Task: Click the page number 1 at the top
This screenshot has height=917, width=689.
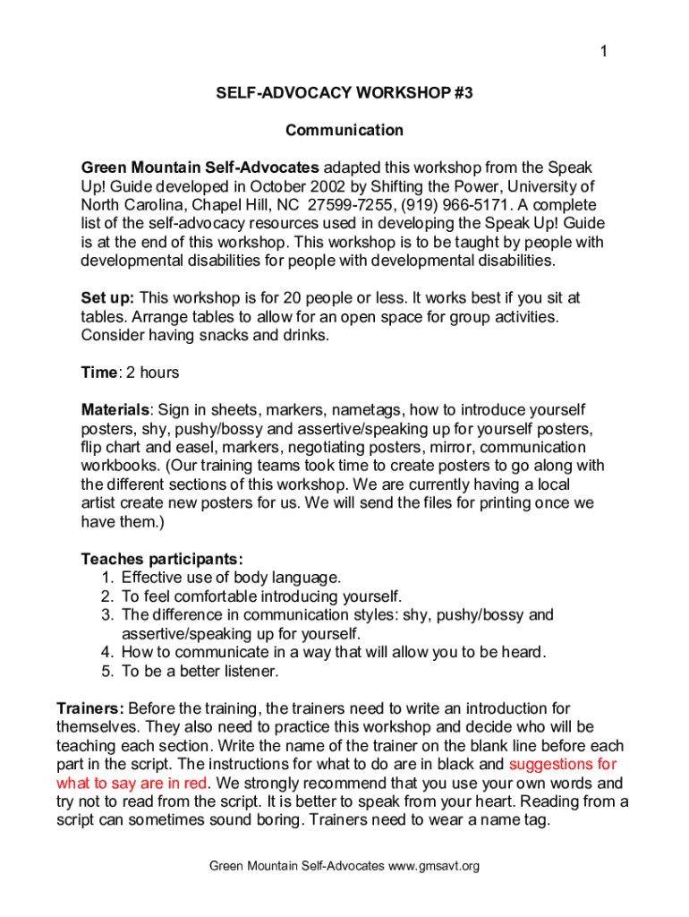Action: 604,52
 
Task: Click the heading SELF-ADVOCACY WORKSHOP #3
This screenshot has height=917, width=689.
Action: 344,92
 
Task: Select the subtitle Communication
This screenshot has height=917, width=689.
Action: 344,131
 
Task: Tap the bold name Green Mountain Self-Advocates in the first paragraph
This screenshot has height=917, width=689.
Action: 200,167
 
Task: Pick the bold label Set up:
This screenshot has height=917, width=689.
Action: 108,297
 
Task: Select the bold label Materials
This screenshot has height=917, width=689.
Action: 115,410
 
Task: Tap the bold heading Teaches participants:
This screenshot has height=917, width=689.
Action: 162,559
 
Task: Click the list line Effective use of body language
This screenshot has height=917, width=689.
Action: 231,578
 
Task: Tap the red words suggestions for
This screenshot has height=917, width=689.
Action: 562,764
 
